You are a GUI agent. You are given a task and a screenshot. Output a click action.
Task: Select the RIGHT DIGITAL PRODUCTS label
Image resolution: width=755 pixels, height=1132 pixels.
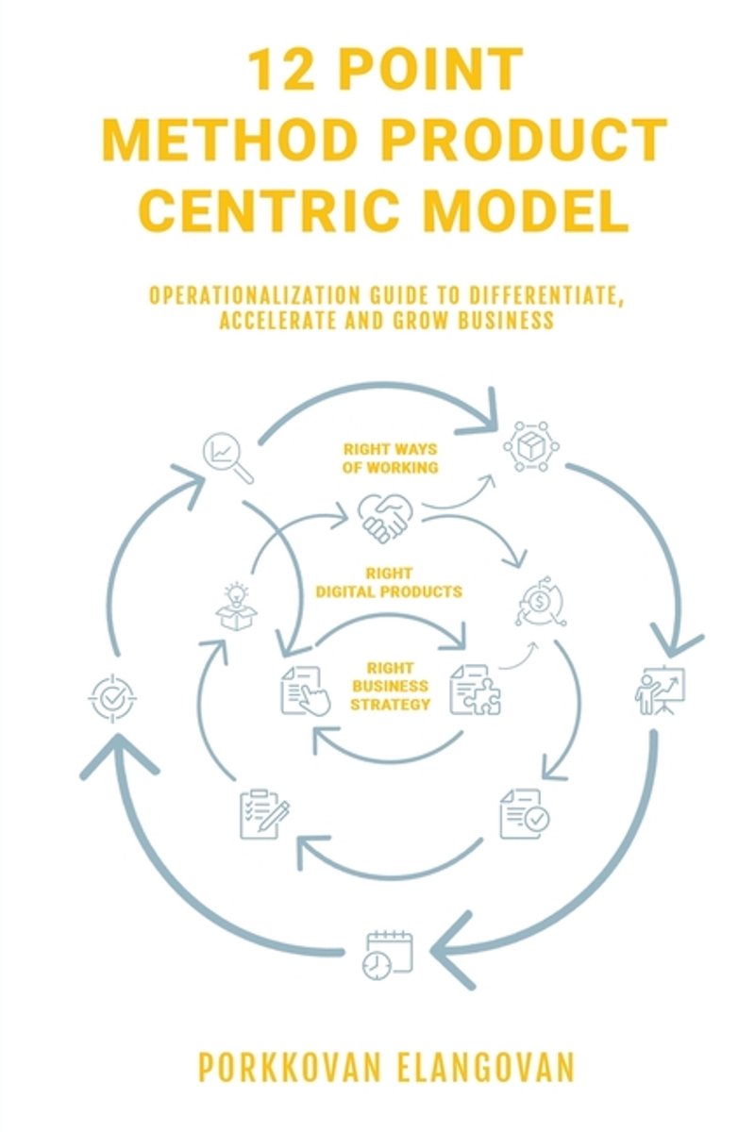pos(389,583)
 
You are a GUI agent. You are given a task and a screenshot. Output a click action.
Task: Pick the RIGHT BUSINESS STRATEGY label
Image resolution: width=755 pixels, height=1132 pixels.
pos(392,686)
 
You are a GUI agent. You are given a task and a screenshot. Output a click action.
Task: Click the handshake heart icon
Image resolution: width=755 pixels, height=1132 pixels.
pos(385,516)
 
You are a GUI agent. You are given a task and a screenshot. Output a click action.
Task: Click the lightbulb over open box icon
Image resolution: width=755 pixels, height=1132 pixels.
pos(237,607)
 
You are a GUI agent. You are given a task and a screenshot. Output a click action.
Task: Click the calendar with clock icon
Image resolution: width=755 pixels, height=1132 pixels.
pos(387,953)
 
